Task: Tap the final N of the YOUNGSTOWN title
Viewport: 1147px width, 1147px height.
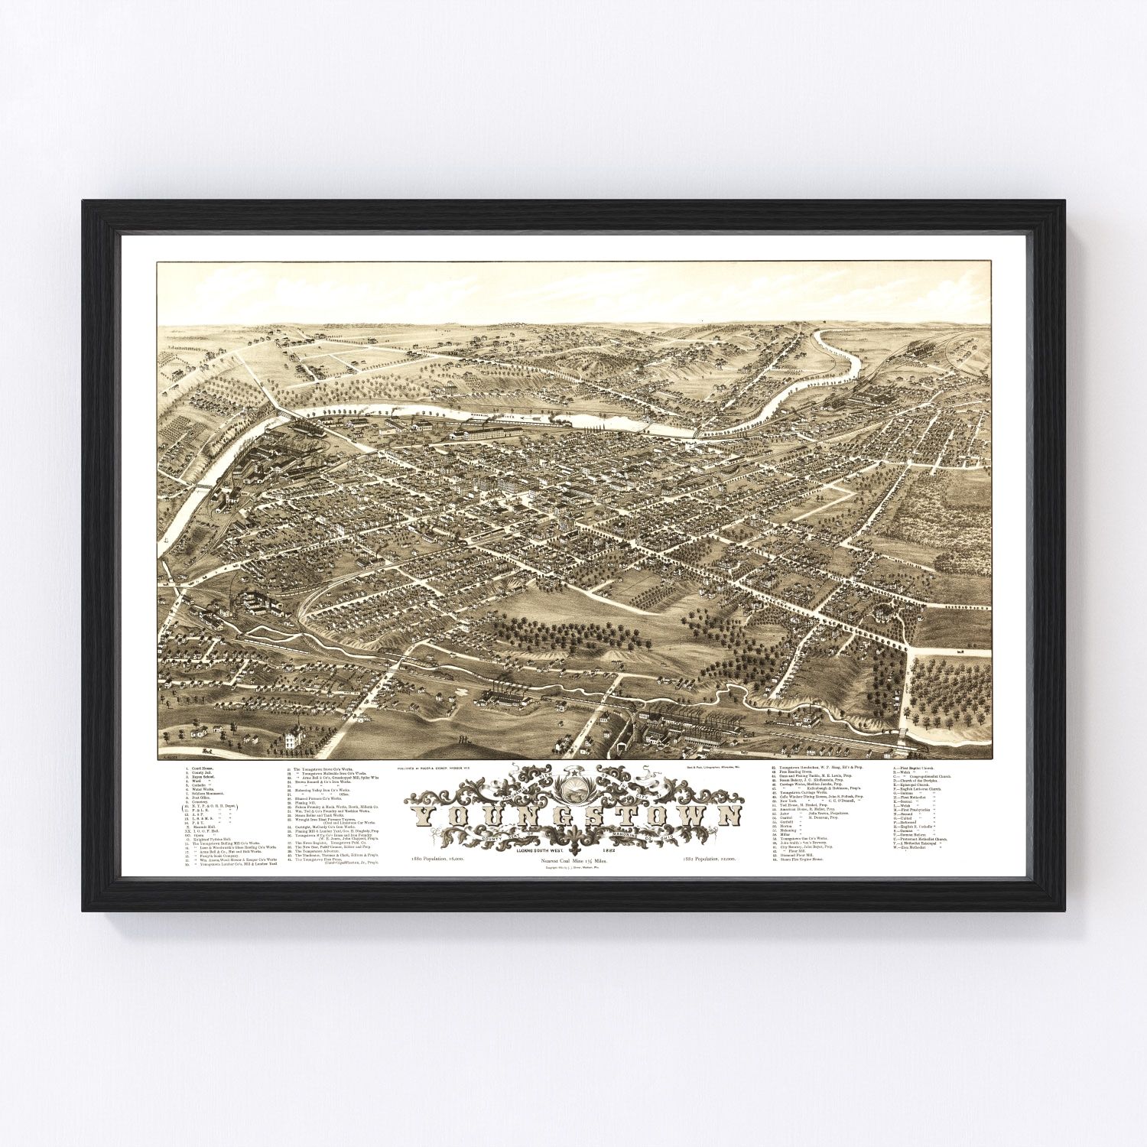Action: click(x=729, y=816)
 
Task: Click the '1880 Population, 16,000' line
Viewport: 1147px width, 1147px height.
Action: click(x=437, y=861)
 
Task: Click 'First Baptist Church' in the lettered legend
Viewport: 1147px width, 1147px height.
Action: click(x=918, y=767)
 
